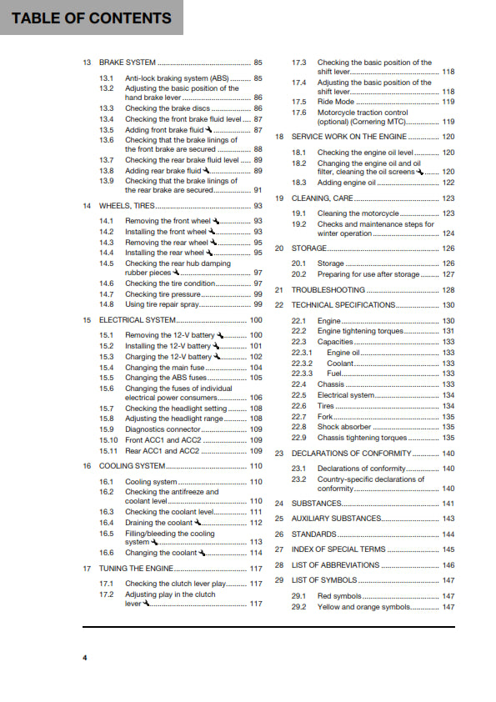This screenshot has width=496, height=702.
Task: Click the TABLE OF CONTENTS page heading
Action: point(92,18)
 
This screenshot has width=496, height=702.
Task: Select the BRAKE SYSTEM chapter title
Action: point(127,63)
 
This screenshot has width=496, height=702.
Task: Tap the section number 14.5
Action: point(106,263)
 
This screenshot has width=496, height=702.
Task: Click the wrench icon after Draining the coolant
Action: point(198,522)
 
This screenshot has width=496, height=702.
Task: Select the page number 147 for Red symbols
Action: point(448,596)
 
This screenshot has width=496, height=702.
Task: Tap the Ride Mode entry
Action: point(336,102)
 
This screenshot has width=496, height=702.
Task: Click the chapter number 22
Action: point(279,305)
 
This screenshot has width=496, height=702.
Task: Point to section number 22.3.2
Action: point(302,364)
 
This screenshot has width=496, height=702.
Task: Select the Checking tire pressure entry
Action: point(163,294)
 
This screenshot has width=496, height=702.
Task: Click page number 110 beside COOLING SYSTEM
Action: point(256,466)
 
